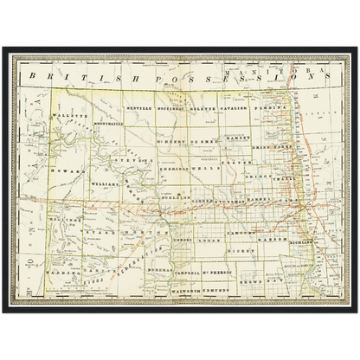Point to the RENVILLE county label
pos(138,109)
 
